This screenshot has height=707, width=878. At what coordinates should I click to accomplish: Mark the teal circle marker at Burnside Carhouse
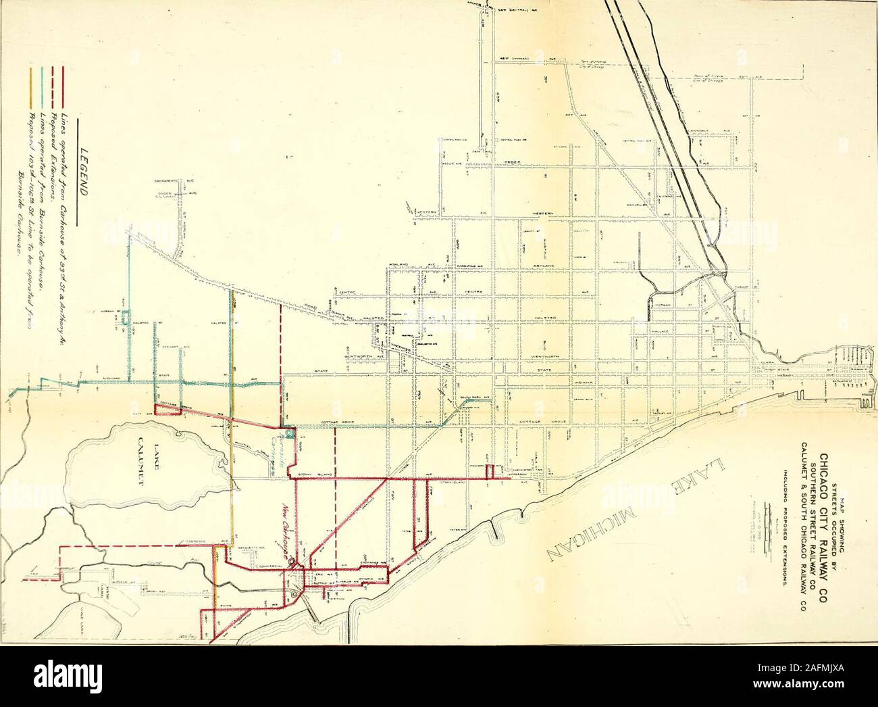[x=288, y=433]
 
